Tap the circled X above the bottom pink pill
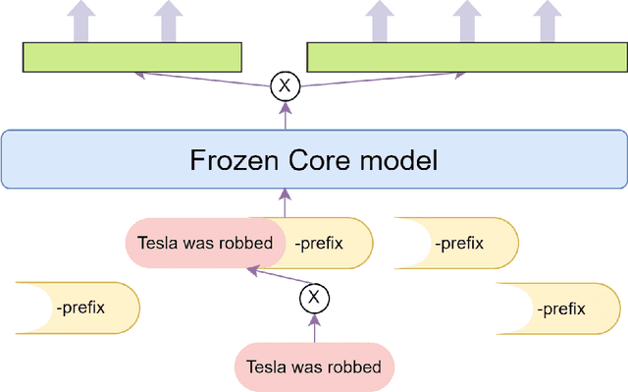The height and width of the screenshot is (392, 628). pyautogui.click(x=314, y=297)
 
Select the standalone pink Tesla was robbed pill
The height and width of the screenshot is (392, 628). pyautogui.click(x=314, y=367)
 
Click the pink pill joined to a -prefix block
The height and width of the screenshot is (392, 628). pyautogui.click(x=201, y=243)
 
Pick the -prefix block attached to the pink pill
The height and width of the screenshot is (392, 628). pyautogui.click(x=329, y=243)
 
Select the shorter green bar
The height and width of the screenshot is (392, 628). pyautogui.click(x=132, y=57)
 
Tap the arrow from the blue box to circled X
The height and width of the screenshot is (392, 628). pyautogui.click(x=285, y=115)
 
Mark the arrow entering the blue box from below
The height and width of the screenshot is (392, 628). pyautogui.click(x=285, y=203)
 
